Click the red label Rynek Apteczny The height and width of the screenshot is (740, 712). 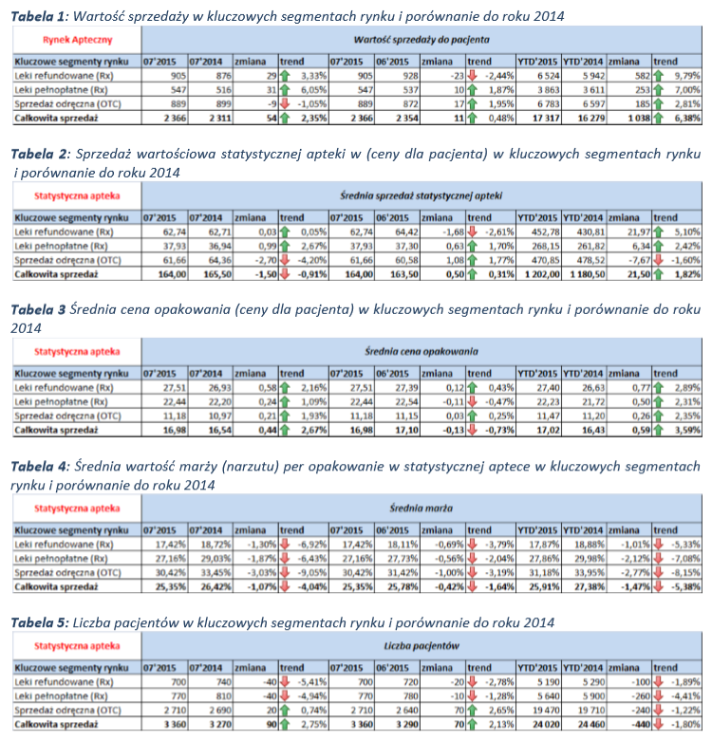(78, 40)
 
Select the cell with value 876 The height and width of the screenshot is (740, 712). (224, 76)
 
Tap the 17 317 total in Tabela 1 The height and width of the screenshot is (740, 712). (546, 118)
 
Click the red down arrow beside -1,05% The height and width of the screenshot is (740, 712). (284, 103)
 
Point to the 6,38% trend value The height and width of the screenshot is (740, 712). (687, 118)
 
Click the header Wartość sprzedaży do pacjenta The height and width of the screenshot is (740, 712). (422, 40)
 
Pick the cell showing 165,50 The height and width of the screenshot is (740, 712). (217, 274)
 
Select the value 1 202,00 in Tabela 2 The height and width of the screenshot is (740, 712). (542, 274)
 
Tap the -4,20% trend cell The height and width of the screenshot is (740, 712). (312, 260)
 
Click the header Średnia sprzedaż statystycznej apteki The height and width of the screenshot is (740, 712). (422, 195)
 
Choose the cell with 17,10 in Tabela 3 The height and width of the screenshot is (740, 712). (406, 430)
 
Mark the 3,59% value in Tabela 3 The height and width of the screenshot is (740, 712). (687, 430)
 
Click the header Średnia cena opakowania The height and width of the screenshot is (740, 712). (422, 352)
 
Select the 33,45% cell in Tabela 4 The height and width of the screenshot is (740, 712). (216, 572)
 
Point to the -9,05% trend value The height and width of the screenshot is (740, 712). (312, 572)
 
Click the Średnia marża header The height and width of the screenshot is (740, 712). (422, 509)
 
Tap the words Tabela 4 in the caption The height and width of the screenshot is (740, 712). (38, 467)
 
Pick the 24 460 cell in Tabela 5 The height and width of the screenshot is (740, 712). (591, 725)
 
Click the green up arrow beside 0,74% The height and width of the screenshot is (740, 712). (284, 711)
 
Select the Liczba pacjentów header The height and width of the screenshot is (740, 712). (422, 646)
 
